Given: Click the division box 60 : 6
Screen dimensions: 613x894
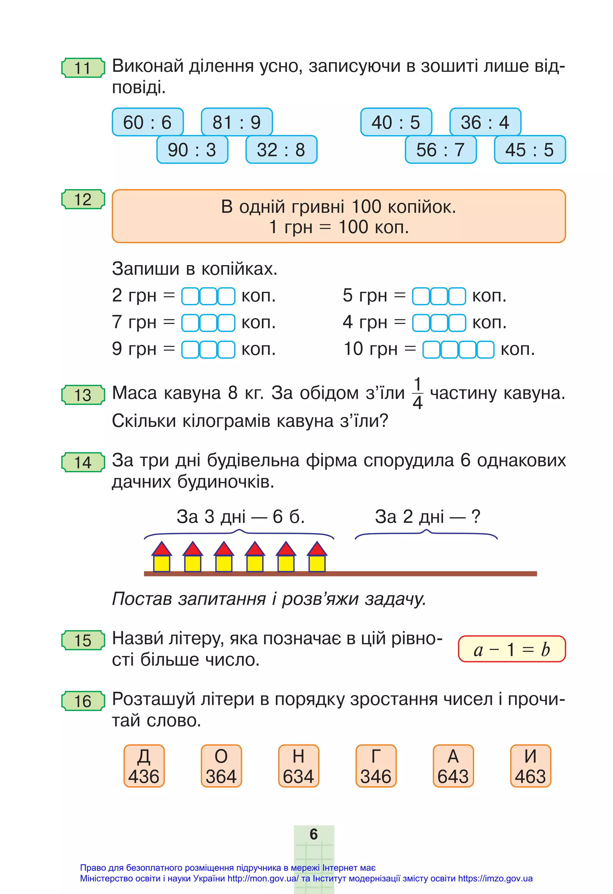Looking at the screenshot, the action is pos(147,122).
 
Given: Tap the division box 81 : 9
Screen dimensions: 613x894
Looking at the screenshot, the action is pos(237,122).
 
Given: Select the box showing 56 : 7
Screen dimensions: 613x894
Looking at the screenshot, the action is pos(441,150).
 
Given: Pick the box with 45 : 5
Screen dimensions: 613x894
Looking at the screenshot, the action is pos(529,150).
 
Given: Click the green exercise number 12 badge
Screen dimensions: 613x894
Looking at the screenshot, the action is pos(83,200).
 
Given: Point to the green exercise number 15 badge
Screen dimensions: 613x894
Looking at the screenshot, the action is pos(83,641).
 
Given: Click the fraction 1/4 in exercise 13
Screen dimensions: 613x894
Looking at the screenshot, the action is pos(418,393).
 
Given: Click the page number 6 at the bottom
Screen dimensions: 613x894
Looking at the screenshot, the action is pos(314,834).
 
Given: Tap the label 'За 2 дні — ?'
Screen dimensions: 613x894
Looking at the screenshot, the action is pos(427,517).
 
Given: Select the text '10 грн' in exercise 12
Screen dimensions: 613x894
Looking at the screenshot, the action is pos(370,349).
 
